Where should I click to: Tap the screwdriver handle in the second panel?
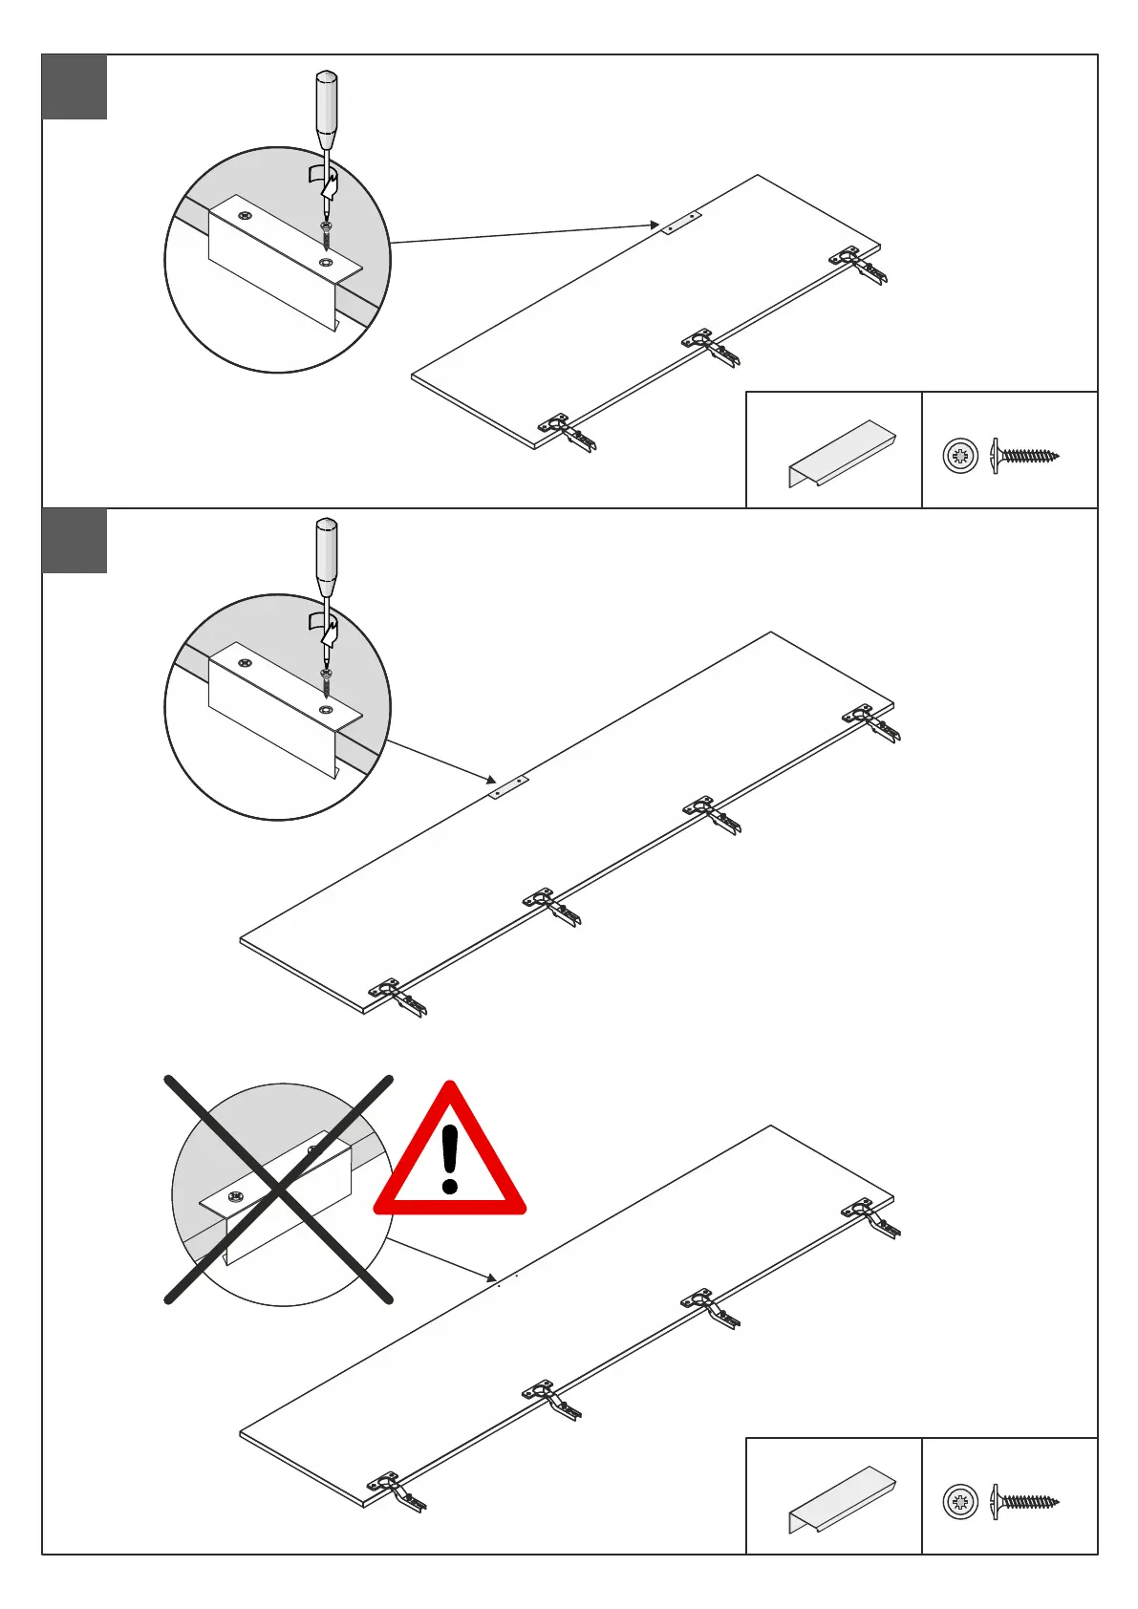pos(327,555)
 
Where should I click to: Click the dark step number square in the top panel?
pos(75,87)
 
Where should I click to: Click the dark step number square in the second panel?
pos(75,541)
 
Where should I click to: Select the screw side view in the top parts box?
pos(1025,456)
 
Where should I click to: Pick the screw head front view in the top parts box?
pos(960,456)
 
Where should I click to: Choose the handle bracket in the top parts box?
pos(841,453)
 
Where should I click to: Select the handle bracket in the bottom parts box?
pos(841,1499)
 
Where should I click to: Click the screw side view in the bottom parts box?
pos(1025,1501)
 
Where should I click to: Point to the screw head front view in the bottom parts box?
pos(960,1501)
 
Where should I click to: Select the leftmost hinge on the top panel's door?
pos(566,432)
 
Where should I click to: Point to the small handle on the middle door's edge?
pos(508,787)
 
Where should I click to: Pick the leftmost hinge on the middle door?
pos(397,997)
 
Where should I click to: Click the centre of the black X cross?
pos(279,1190)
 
